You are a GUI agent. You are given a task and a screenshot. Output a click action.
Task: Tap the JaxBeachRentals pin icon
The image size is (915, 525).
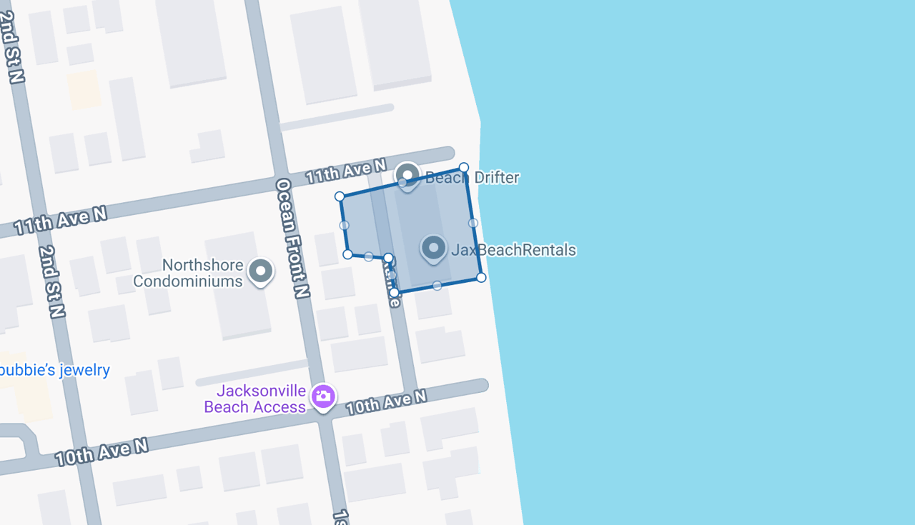433,248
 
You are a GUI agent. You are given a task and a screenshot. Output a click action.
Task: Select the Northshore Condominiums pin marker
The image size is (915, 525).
261,271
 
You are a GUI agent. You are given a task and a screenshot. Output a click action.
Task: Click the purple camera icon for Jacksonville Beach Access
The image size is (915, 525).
323,396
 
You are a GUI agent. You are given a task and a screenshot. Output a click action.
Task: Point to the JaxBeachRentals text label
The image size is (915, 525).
513,250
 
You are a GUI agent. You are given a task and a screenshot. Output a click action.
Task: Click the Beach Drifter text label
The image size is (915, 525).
472,177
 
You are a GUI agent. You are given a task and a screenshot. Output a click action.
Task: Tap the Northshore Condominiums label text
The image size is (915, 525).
189,273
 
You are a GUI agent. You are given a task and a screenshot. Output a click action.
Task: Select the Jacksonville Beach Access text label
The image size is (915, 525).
256,399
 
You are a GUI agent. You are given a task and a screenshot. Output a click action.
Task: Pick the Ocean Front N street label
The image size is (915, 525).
293,238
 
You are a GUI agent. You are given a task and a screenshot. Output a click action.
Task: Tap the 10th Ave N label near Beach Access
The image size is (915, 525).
386,402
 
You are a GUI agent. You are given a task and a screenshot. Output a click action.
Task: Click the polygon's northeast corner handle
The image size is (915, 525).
464,167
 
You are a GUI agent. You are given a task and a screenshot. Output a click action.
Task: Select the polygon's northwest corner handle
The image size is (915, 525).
340,196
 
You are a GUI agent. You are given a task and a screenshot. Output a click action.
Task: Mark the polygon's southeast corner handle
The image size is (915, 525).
481,277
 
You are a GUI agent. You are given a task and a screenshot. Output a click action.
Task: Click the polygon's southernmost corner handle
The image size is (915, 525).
394,292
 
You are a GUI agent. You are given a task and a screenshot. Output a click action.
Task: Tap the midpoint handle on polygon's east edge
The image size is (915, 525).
473,223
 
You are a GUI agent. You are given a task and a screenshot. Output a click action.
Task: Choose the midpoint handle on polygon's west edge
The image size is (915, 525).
344,225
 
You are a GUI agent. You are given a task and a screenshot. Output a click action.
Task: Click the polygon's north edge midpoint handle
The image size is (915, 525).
402,182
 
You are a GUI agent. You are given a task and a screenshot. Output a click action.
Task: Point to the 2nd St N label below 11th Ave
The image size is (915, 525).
52,281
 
